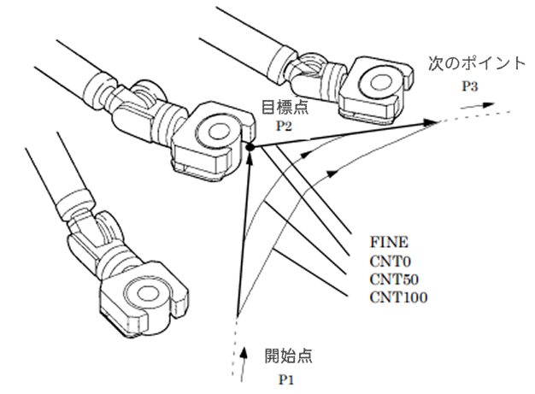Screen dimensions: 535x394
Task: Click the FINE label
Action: point(389,242)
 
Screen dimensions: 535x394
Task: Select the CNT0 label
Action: point(390,262)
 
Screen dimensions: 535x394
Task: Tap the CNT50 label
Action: point(394,279)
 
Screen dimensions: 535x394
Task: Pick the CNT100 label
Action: point(398,297)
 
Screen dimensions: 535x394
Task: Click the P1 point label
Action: point(286,379)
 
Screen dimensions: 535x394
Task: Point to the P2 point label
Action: point(284,126)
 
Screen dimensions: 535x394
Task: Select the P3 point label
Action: point(469,86)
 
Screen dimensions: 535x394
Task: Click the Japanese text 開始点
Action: point(288,356)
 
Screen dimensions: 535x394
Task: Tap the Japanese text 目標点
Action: point(285,107)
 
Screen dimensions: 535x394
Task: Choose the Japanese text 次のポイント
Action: point(476,63)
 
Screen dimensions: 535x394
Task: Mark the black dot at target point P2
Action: point(250,147)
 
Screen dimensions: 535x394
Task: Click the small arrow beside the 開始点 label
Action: point(244,364)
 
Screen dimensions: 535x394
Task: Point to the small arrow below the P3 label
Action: point(478,106)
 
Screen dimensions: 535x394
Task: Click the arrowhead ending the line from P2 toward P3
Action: point(431,122)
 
